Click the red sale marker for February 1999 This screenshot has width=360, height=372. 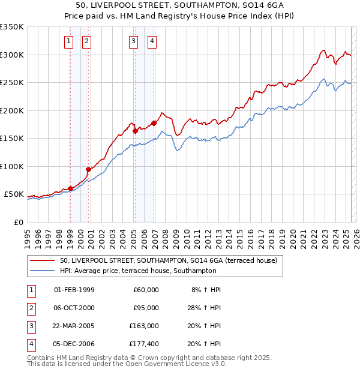tap(70, 188)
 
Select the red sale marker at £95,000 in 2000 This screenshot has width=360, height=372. tap(88, 169)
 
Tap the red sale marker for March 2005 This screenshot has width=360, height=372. tap(135, 131)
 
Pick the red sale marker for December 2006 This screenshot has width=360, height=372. tap(154, 123)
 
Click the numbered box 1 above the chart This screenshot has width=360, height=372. tap(69, 41)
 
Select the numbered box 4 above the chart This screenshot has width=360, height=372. tap(152, 41)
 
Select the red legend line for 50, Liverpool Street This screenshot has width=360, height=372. tap(43, 261)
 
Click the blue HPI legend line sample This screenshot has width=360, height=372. tap(43, 271)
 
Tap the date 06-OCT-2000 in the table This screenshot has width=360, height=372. tap(74, 308)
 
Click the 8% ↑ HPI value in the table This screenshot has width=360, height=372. tap(206, 290)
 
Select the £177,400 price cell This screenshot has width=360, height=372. tap(144, 344)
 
